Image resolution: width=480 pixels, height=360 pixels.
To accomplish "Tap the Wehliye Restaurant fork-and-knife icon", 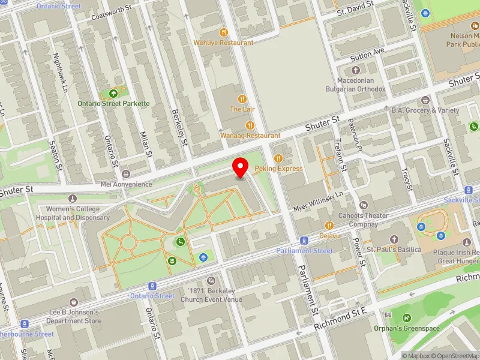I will tap(223, 32).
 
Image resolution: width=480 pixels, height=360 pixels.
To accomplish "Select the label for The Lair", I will tap(242, 109).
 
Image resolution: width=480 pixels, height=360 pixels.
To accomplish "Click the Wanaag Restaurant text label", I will tap(250, 136).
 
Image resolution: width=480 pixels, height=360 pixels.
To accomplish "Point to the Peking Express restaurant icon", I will tap(278, 158).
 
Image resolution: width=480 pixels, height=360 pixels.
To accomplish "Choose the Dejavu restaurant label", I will tap(329, 236).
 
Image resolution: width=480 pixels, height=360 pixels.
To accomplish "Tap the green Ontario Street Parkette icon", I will tap(113, 93).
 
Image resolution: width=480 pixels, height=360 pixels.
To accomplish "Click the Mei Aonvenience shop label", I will tap(118, 184).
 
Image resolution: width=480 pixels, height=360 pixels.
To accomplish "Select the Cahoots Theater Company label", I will tap(359, 220).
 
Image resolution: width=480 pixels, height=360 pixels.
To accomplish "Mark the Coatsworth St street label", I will tap(110, 14).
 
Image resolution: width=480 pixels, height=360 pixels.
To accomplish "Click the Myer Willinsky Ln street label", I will tap(317, 201).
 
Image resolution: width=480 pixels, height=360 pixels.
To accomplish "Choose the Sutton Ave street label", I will tap(367, 54).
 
